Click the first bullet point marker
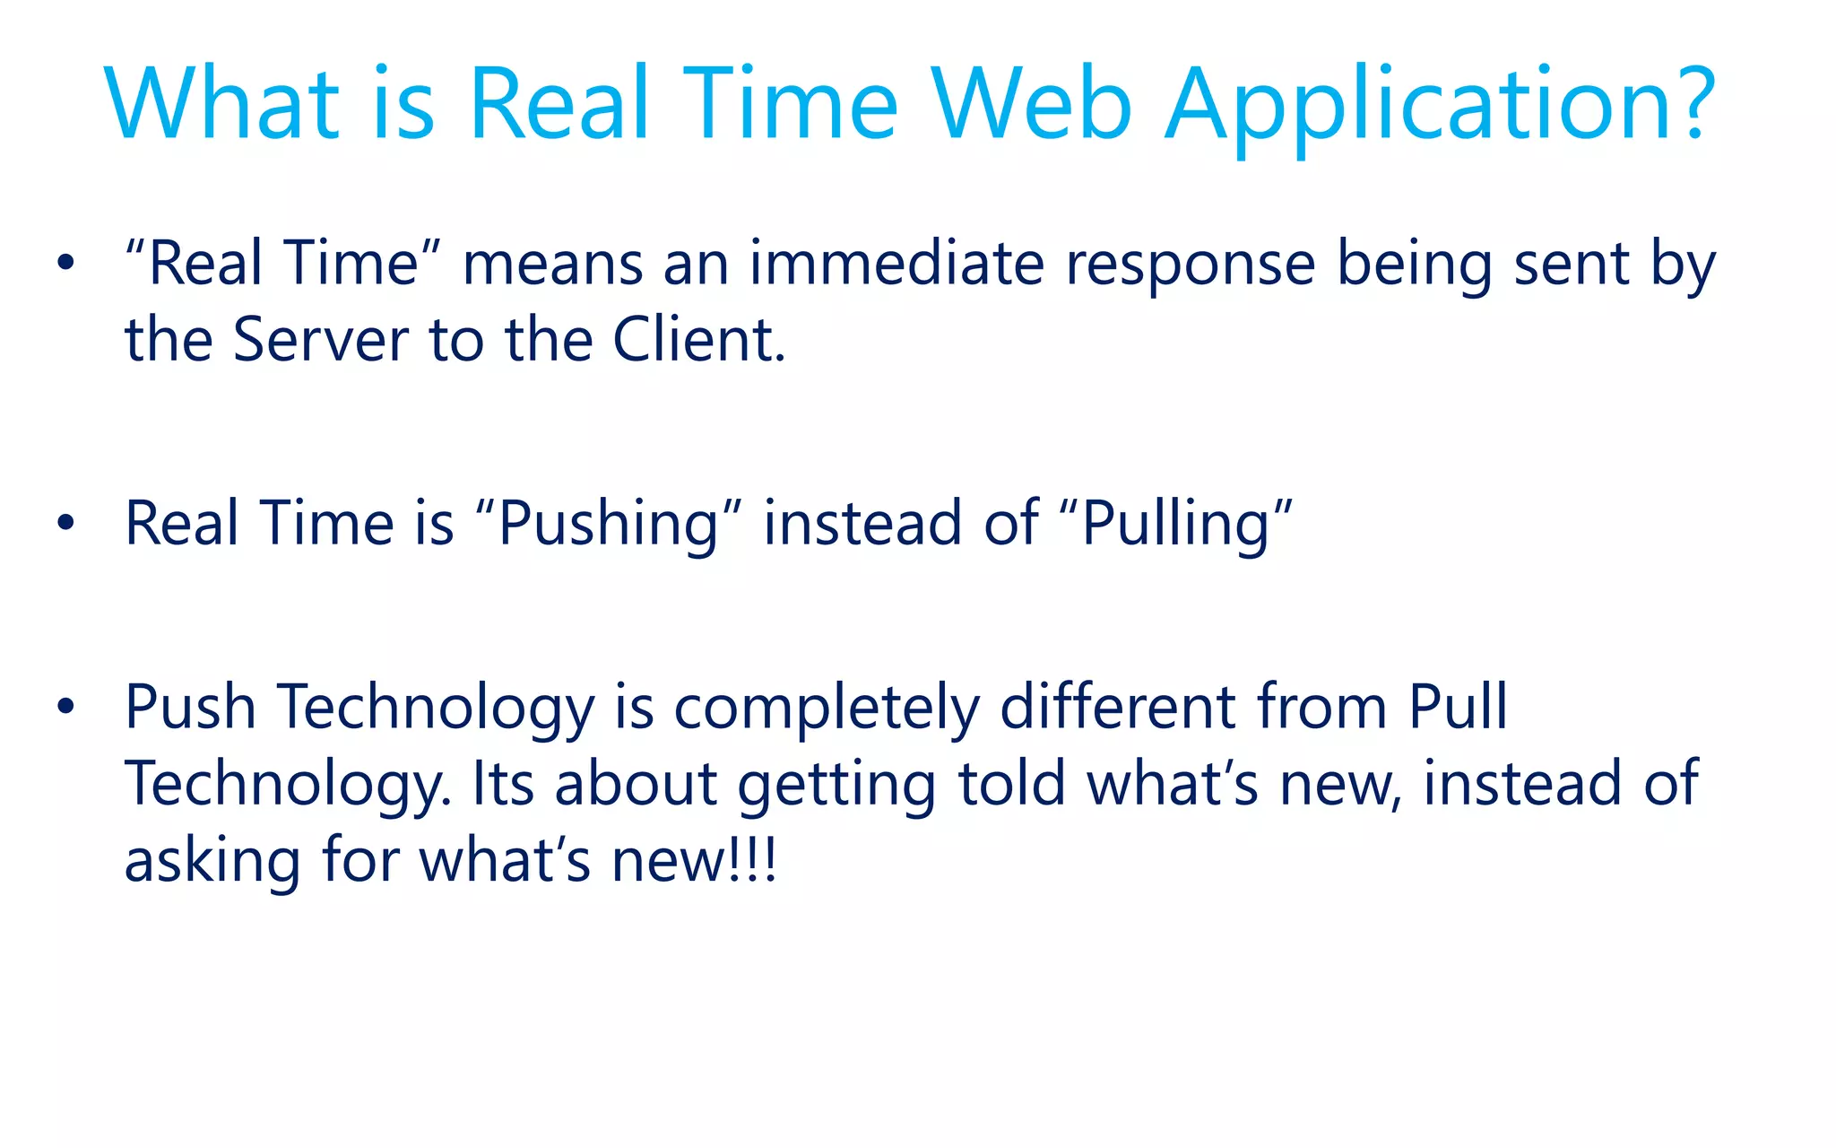click(x=65, y=264)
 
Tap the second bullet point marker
click(x=65, y=523)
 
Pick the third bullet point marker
click(x=65, y=707)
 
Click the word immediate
click(x=896, y=264)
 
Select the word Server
click(x=320, y=340)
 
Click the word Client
click(x=698, y=340)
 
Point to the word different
click(x=1117, y=707)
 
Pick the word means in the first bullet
click(x=552, y=265)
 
